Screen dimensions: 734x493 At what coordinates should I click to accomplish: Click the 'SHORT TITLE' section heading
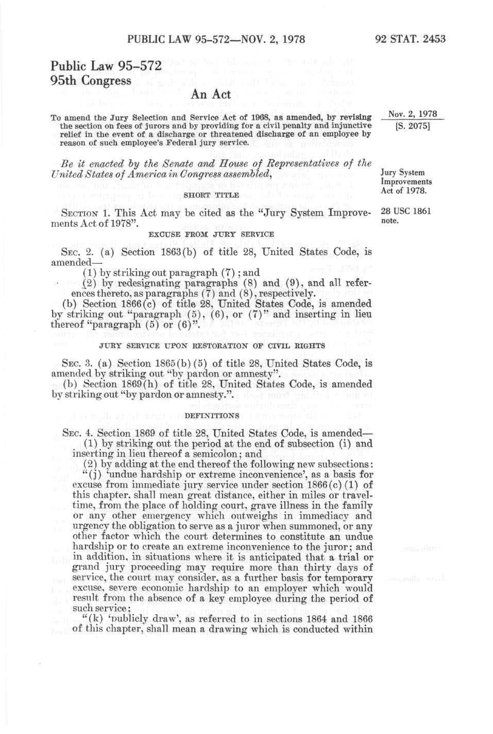[211, 195]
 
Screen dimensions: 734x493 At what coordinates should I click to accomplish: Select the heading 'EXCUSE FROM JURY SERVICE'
[211, 234]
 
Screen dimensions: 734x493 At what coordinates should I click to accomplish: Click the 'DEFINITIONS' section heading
[211, 414]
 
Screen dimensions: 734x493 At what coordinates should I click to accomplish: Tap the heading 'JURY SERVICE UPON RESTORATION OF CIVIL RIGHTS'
[211, 346]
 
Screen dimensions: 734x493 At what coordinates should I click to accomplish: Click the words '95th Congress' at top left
[91, 81]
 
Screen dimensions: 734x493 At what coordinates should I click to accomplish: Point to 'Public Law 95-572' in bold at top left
[106, 66]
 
